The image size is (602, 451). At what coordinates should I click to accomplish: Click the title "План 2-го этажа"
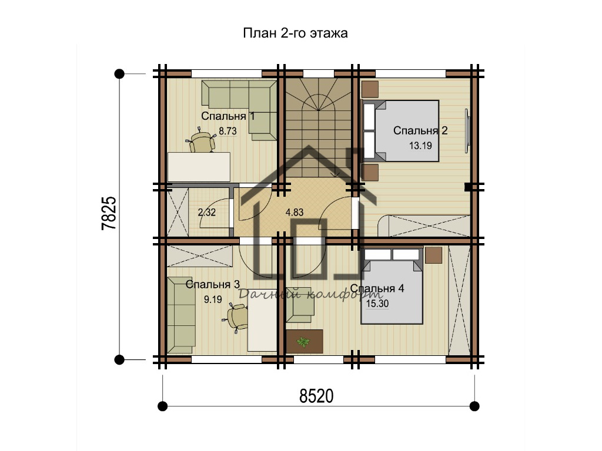pyautogui.click(x=295, y=33)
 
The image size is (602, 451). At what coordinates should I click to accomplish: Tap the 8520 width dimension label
pyautogui.click(x=316, y=396)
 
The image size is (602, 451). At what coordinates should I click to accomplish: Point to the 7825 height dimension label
pyautogui.click(x=109, y=213)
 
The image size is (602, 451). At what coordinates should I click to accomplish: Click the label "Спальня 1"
pyautogui.click(x=228, y=116)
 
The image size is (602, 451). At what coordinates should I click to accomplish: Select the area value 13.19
pyautogui.click(x=420, y=146)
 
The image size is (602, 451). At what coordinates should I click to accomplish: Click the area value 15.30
pyautogui.click(x=377, y=304)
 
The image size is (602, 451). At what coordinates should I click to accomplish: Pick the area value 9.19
pyautogui.click(x=213, y=299)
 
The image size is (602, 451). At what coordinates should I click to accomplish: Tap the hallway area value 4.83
pyautogui.click(x=295, y=212)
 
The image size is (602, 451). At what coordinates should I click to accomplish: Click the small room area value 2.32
pyautogui.click(x=206, y=212)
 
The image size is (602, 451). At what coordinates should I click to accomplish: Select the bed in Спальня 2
pyautogui.click(x=400, y=131)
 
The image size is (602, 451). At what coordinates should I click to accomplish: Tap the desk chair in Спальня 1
pyautogui.click(x=200, y=141)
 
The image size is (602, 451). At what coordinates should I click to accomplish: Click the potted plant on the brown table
pyautogui.click(x=303, y=341)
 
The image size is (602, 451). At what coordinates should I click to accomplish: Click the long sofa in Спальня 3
pyautogui.click(x=181, y=315)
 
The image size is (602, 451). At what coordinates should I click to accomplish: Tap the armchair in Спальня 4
pyautogui.click(x=299, y=305)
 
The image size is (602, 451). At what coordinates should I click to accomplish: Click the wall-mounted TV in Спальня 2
pyautogui.click(x=467, y=131)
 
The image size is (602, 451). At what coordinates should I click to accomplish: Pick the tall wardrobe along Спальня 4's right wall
pyautogui.click(x=459, y=300)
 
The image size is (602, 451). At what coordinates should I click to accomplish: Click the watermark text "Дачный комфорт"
pyautogui.click(x=310, y=294)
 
